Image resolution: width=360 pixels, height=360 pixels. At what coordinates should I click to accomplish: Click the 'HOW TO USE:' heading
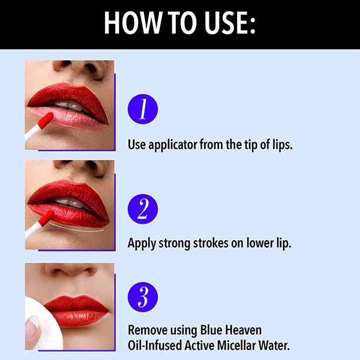tap(179, 23)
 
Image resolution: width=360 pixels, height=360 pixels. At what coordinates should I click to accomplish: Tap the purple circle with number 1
tap(143, 109)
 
